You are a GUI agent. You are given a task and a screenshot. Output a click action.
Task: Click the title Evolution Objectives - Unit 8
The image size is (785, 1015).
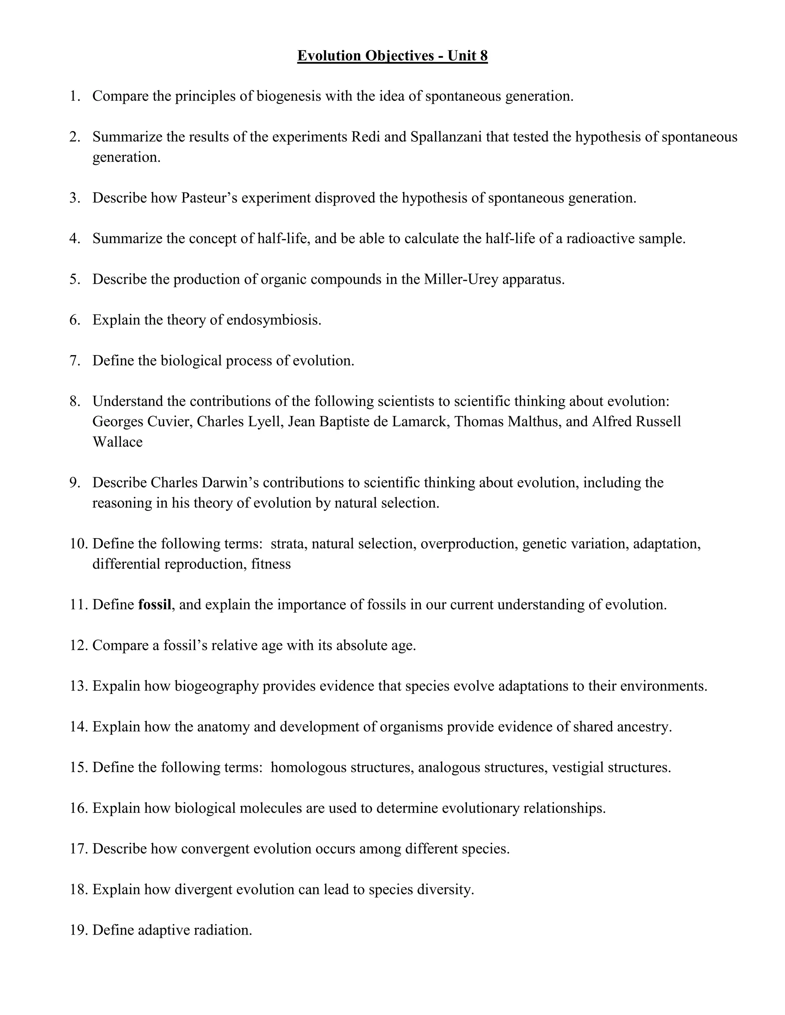pyautogui.click(x=392, y=56)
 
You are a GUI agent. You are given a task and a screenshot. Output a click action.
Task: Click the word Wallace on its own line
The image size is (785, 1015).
pyautogui.click(x=117, y=442)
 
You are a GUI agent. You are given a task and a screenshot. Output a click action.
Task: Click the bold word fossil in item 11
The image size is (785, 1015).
pyautogui.click(x=154, y=605)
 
